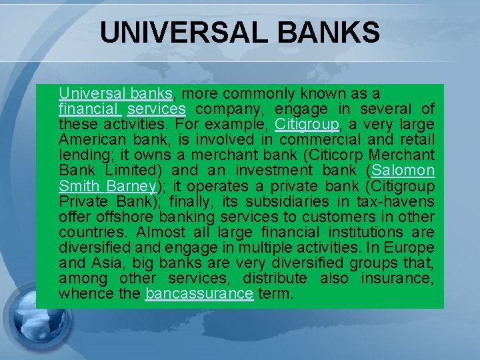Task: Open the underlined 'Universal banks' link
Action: [x=116, y=93]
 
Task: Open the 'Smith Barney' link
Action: [x=107, y=185]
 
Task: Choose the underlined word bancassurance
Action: [x=199, y=293]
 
